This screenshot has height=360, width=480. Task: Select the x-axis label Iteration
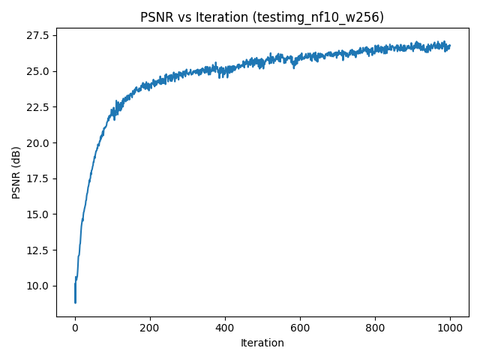262,343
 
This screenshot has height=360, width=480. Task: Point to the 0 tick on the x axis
75,328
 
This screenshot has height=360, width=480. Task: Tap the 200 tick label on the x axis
150,328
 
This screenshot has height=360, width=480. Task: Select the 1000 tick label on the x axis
450,328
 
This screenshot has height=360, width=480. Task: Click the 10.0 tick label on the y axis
37,286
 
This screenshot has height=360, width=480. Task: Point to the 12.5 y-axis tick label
37,250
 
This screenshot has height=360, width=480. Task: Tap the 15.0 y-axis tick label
37,214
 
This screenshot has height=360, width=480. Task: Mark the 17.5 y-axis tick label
37,178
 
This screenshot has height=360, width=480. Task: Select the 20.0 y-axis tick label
37,143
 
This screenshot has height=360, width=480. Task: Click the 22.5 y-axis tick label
37,107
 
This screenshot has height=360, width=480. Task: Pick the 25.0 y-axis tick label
37,71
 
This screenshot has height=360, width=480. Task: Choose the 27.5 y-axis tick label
37,36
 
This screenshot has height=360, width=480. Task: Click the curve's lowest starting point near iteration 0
75,302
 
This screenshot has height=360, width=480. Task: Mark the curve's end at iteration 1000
450,46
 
